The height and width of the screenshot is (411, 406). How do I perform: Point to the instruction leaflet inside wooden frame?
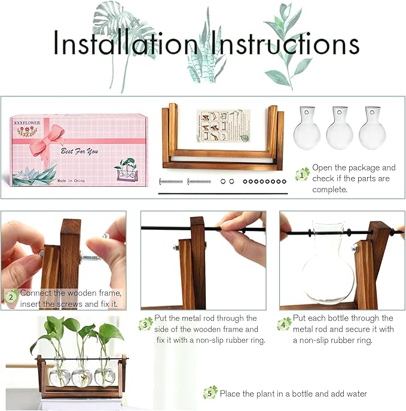[223, 126]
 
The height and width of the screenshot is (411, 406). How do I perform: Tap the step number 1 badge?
[303, 175]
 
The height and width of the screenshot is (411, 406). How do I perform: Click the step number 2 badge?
[11, 295]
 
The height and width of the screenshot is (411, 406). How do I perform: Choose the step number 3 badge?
[145, 324]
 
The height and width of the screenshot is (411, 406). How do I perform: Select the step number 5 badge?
[210, 393]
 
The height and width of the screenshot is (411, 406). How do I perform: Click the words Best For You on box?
[77, 152]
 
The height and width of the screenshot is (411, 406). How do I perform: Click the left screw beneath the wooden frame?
[171, 181]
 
